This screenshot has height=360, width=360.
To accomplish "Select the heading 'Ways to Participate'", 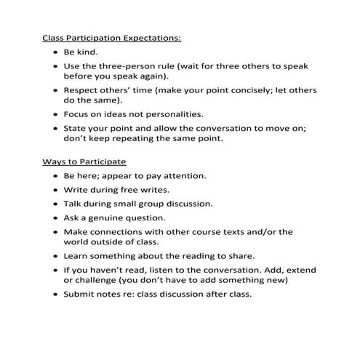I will [83, 161].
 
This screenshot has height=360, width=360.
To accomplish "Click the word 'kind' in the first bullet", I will [92, 53].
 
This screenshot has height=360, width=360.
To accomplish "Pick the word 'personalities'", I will [172, 114].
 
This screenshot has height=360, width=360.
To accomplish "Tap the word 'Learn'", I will [78, 256].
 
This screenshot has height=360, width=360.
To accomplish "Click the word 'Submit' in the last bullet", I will [81, 295].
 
